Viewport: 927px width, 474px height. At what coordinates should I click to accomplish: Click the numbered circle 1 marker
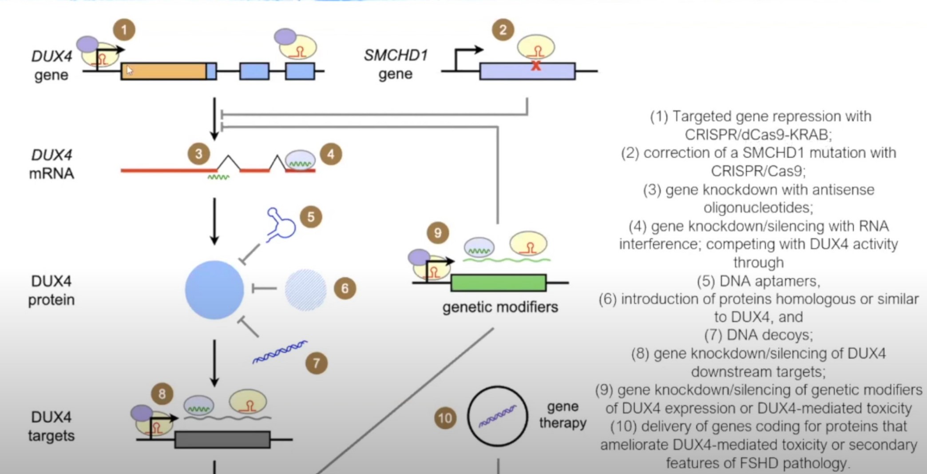(x=124, y=30)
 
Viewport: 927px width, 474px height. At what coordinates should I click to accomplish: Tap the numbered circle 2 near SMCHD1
(x=503, y=30)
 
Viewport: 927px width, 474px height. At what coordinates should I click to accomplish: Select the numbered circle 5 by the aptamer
(x=311, y=217)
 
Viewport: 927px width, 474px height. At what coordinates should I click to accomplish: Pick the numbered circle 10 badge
(x=445, y=418)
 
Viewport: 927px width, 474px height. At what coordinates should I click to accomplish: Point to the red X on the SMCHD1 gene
(x=536, y=66)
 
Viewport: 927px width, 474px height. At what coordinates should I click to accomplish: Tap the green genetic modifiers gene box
(x=498, y=283)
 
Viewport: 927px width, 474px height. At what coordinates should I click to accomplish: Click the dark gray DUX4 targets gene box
(x=222, y=439)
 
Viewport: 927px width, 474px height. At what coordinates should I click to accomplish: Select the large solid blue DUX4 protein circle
(x=214, y=290)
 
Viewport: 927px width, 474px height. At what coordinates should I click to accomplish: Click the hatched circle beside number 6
(x=305, y=290)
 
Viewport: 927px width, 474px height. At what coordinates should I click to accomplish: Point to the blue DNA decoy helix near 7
(x=280, y=352)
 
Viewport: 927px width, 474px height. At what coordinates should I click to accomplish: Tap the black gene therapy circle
(x=497, y=416)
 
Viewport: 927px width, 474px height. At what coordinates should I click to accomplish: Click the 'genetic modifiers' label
(x=500, y=307)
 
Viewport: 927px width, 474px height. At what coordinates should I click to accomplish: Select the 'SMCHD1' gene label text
(x=396, y=55)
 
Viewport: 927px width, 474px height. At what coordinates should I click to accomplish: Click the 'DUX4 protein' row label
(x=51, y=291)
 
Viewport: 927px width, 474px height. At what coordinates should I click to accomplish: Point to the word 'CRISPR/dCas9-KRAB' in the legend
(x=758, y=134)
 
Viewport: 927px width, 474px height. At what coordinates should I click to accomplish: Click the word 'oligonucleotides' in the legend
(x=758, y=207)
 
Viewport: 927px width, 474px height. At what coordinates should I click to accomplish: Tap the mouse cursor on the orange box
(x=129, y=70)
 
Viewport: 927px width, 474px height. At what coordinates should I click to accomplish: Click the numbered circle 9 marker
(x=438, y=233)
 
